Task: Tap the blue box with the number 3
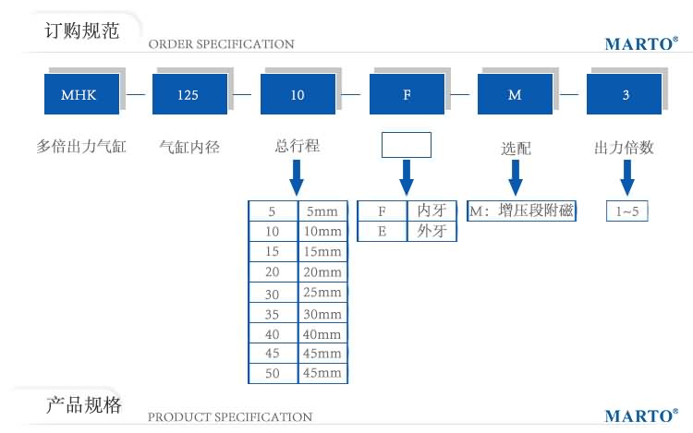626,94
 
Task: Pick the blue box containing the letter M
516,94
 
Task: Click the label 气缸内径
189,146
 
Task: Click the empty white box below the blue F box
407,146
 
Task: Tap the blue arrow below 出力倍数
626,176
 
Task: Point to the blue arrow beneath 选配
516,176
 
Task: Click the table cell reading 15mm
321,252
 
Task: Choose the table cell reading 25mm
321,293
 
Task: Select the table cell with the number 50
272,373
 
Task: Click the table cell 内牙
432,210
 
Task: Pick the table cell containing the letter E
381,231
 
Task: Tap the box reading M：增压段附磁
521,210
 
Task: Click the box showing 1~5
626,211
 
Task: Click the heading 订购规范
82,30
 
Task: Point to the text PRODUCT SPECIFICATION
230,417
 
